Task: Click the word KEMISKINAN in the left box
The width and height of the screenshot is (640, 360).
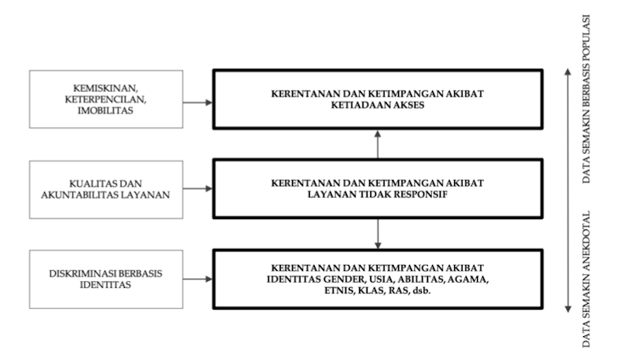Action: pyautogui.click(x=105, y=88)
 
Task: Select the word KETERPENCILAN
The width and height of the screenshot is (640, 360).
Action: pyautogui.click(x=105, y=99)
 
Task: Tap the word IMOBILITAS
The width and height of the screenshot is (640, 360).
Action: pyautogui.click(x=105, y=110)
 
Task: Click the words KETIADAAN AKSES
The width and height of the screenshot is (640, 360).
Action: pyautogui.click(x=378, y=105)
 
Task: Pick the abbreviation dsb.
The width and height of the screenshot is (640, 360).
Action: pyautogui.click(x=422, y=290)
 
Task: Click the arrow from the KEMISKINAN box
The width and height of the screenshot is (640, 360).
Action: pyautogui.click(x=198, y=103)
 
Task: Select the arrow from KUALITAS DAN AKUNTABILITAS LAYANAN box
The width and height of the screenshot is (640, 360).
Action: pyautogui.click(x=198, y=188)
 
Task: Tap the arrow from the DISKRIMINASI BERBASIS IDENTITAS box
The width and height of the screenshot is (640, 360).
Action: pyautogui.click(x=198, y=279)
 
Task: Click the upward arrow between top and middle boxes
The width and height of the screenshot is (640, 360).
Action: pyautogui.click(x=378, y=144)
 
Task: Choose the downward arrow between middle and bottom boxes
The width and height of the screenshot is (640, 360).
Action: pyautogui.click(x=378, y=233)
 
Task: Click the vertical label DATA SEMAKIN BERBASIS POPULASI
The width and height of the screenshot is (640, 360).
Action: pyautogui.click(x=587, y=99)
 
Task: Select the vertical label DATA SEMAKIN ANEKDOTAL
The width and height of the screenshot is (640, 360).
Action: pyautogui.click(x=587, y=279)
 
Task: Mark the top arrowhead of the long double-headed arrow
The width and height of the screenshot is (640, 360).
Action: pyautogui.click(x=568, y=71)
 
